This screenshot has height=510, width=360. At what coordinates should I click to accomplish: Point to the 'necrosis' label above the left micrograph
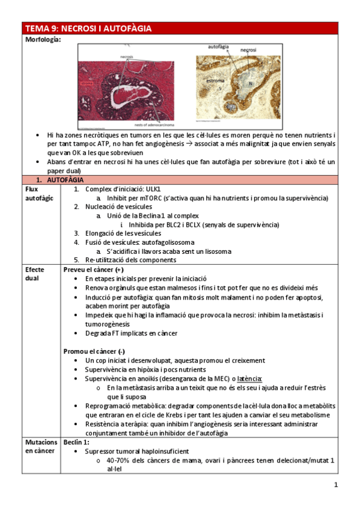[x=126, y=56]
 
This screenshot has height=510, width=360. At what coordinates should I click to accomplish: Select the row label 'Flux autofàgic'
[x=38, y=193]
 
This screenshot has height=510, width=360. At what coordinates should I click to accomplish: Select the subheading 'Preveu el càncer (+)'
[x=94, y=270]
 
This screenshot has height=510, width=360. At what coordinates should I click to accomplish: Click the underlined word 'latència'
[x=250, y=378]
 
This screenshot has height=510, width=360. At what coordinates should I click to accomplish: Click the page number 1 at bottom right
[x=336, y=485]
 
